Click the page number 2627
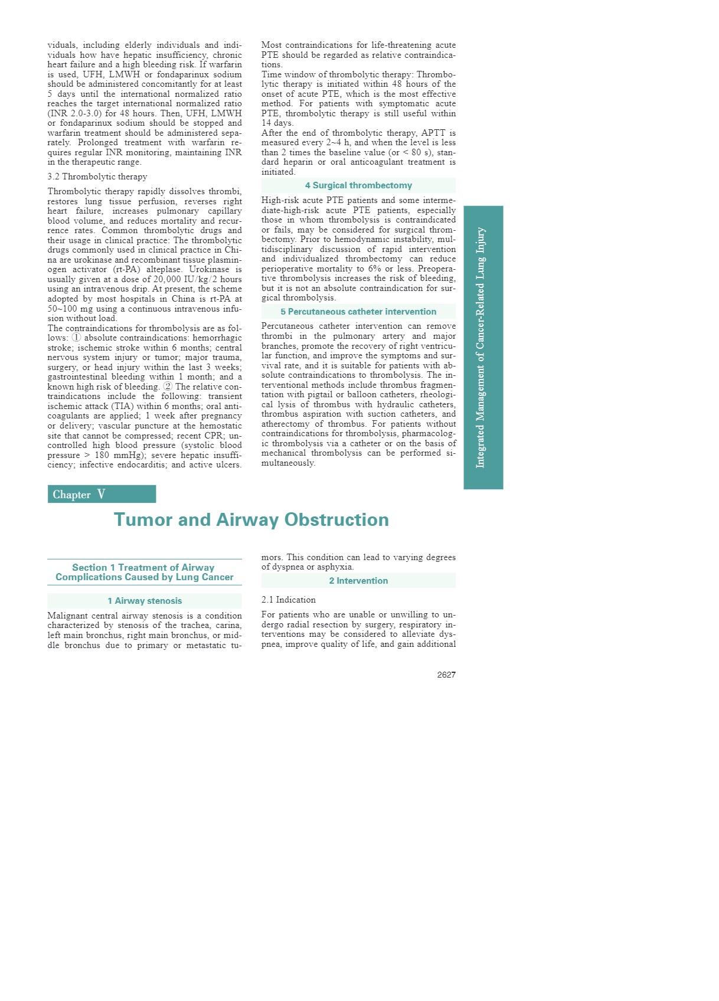pyautogui.click(x=446, y=675)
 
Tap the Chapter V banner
pyautogui.click(x=102, y=494)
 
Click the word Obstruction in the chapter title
pyautogui.click(x=336, y=519)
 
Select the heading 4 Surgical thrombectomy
pyautogui.click(x=358, y=185)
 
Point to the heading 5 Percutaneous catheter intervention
pyautogui.click(x=358, y=312)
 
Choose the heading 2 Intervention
pyautogui.click(x=358, y=581)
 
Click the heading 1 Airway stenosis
pyautogui.click(x=145, y=601)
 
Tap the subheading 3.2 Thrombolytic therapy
pyautogui.click(x=97, y=176)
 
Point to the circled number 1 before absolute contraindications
pyautogui.click(x=76, y=338)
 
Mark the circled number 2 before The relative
pyautogui.click(x=168, y=387)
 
